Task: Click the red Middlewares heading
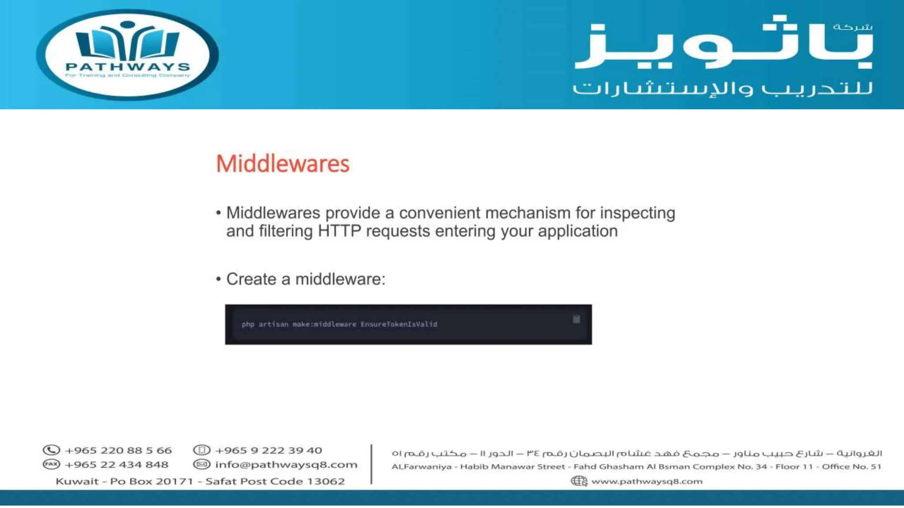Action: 282,164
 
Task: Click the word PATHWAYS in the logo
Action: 128,67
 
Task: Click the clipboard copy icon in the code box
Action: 576,319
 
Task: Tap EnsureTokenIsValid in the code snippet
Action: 399,324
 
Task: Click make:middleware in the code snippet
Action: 324,324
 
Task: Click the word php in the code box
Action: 248,324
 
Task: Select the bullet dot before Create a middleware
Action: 218,279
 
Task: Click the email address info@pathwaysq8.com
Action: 286,464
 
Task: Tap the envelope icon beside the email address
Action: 202,464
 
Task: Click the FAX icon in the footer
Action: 51,464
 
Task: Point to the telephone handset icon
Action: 51,450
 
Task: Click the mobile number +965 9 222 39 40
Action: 268,450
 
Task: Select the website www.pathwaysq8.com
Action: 647,481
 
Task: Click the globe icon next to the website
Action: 579,481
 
